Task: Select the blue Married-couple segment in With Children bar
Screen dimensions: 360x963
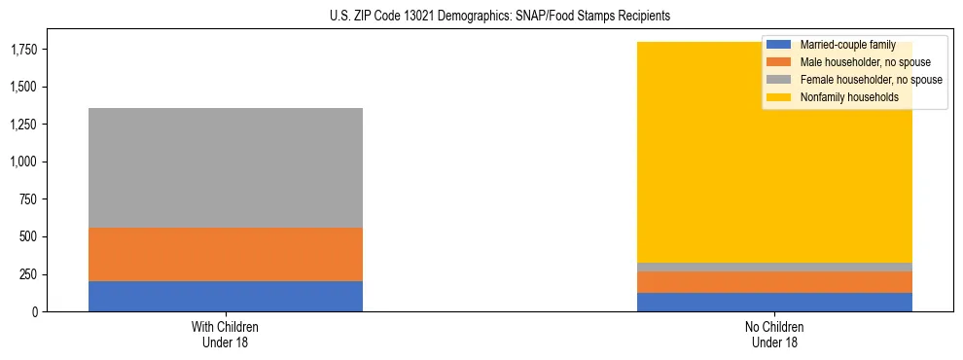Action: click(226, 296)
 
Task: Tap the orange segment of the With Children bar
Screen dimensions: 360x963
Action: click(226, 254)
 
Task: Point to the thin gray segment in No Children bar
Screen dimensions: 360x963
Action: click(774, 267)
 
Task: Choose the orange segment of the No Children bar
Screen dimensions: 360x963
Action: click(774, 281)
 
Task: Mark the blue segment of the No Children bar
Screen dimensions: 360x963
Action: click(774, 302)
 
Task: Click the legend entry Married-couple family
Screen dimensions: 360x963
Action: click(847, 45)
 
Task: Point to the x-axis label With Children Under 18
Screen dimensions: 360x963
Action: click(226, 334)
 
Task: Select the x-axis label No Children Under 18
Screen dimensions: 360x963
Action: click(774, 334)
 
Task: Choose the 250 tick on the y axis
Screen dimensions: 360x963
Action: click(29, 274)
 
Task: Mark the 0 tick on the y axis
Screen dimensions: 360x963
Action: click(36, 311)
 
